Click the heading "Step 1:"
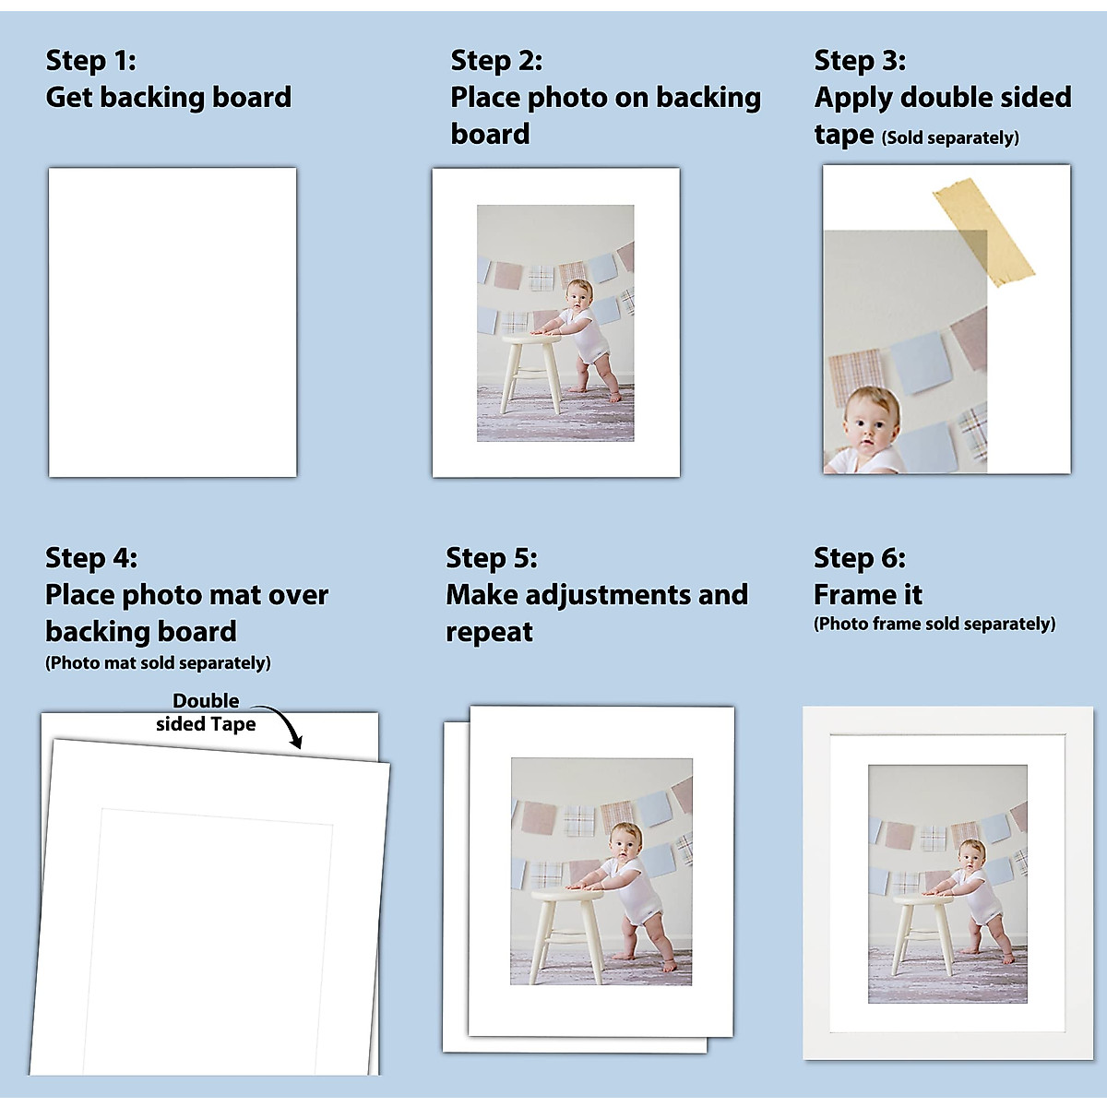point(91,61)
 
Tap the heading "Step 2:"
point(496,61)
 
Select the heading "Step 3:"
point(860,61)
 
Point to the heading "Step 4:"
point(91,558)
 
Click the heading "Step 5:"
point(492,558)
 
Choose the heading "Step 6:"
point(860,558)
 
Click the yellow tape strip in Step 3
point(982,231)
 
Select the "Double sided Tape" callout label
point(206,712)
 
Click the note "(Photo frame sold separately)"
point(934,625)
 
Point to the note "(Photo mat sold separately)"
point(158,663)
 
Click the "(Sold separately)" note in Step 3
point(950,138)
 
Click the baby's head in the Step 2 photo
point(577,296)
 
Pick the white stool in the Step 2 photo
point(530,369)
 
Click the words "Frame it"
point(868,595)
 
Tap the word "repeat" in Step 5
point(489,633)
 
